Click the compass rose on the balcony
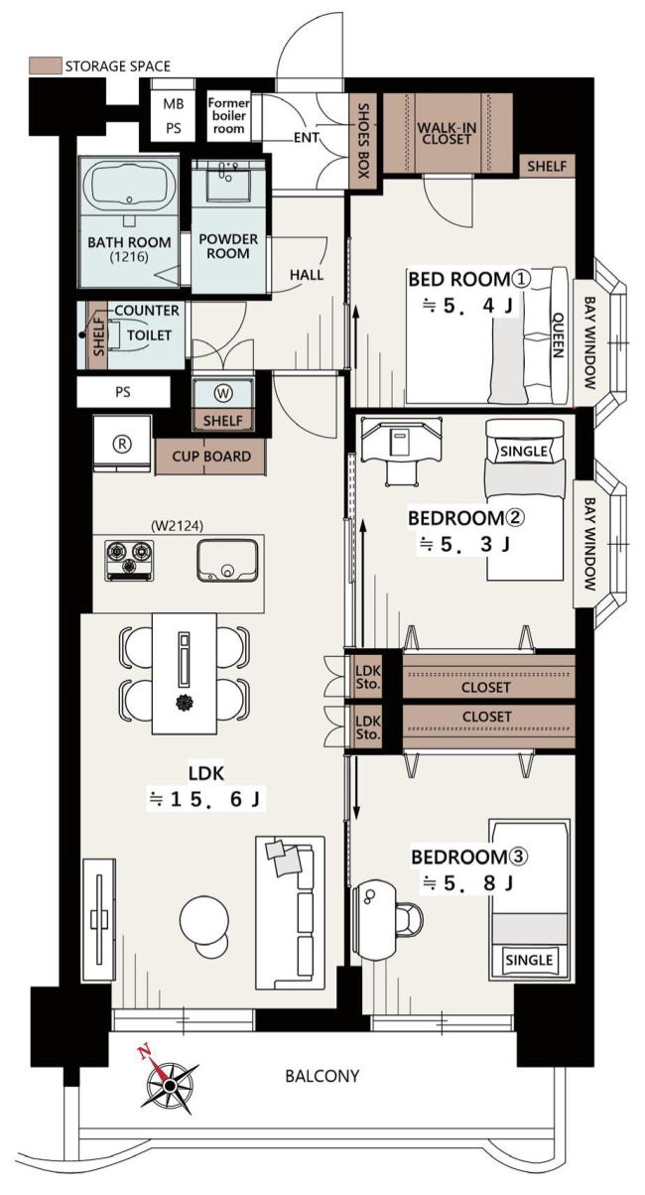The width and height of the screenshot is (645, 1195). pyautogui.click(x=169, y=1082)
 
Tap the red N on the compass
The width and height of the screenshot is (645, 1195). pyautogui.click(x=144, y=1052)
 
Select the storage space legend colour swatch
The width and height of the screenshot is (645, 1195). pyautogui.click(x=45, y=66)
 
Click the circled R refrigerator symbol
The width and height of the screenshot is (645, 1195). pyautogui.click(x=123, y=444)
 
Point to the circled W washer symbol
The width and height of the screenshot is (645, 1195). pyautogui.click(x=223, y=394)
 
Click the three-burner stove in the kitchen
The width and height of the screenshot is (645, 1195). pyautogui.click(x=129, y=560)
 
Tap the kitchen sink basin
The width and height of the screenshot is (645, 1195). pyautogui.click(x=227, y=560)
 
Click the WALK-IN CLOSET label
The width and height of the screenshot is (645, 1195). pyautogui.click(x=447, y=133)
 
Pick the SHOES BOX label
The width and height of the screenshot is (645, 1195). pyautogui.click(x=363, y=140)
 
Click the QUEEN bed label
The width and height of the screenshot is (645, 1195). pyautogui.click(x=558, y=334)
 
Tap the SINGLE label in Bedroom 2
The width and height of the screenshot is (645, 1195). pyautogui.click(x=524, y=452)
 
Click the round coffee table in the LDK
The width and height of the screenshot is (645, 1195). pyautogui.click(x=204, y=920)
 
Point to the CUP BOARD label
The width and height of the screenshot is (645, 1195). pyautogui.click(x=211, y=457)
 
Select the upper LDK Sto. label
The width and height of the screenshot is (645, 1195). pyautogui.click(x=368, y=677)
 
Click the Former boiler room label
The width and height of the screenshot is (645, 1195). pyautogui.click(x=229, y=116)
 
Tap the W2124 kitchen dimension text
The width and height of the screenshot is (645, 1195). pyautogui.click(x=177, y=526)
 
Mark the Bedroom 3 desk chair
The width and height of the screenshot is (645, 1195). pyautogui.click(x=409, y=919)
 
